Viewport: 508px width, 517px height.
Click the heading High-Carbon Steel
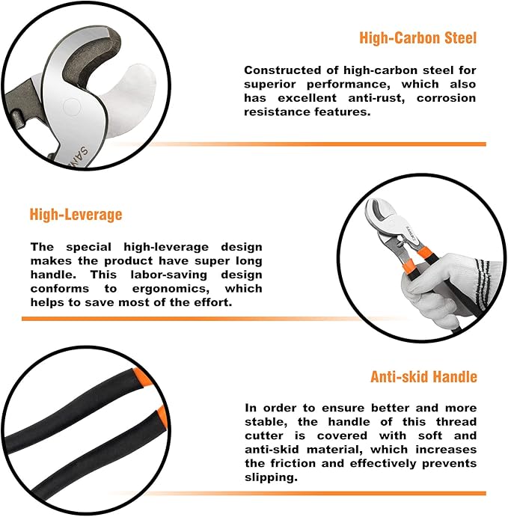417,38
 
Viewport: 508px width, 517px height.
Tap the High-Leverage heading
76,215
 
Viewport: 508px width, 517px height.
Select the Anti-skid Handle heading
423,376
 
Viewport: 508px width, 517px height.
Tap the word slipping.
271,478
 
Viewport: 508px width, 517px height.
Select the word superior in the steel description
269,85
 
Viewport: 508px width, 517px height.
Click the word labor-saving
169,275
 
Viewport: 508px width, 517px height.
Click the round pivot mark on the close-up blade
72,107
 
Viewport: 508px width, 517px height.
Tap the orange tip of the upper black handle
141,377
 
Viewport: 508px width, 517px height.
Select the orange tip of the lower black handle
162,416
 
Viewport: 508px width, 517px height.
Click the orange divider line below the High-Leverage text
214,319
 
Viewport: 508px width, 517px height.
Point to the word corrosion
446,98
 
